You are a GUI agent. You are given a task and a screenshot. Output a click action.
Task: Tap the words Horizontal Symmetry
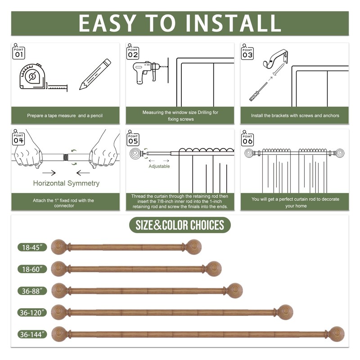pos(66,183)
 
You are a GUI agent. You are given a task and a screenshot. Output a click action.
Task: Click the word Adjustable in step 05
pos(159,166)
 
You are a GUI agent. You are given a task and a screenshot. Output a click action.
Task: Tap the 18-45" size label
pos(32,247)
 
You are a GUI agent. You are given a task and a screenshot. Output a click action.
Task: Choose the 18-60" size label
pos(32,269)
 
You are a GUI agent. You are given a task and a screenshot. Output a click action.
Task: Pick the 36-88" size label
pos(32,290)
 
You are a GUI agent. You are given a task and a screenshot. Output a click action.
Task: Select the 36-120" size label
pos(32,312)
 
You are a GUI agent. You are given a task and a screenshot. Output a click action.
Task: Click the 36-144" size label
pos(32,334)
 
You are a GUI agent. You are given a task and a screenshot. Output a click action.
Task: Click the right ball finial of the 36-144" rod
pos(336,334)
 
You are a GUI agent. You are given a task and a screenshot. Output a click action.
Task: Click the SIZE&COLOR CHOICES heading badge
pos(180,225)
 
